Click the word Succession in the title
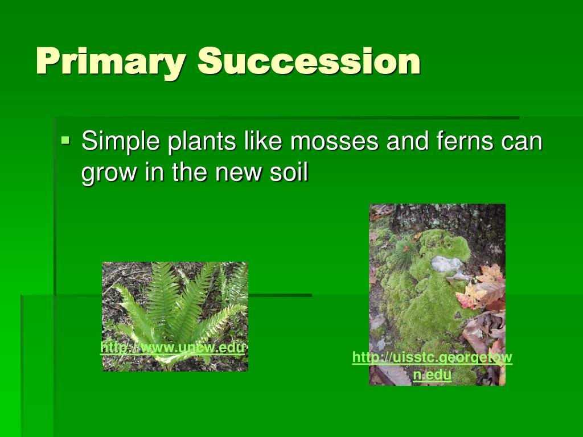tap(309, 61)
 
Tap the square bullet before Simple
tap(65, 141)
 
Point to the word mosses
tap(334, 142)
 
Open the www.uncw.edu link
tap(173, 348)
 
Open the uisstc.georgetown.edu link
tap(432, 366)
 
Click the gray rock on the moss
tap(446, 264)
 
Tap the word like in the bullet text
tap(262, 141)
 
